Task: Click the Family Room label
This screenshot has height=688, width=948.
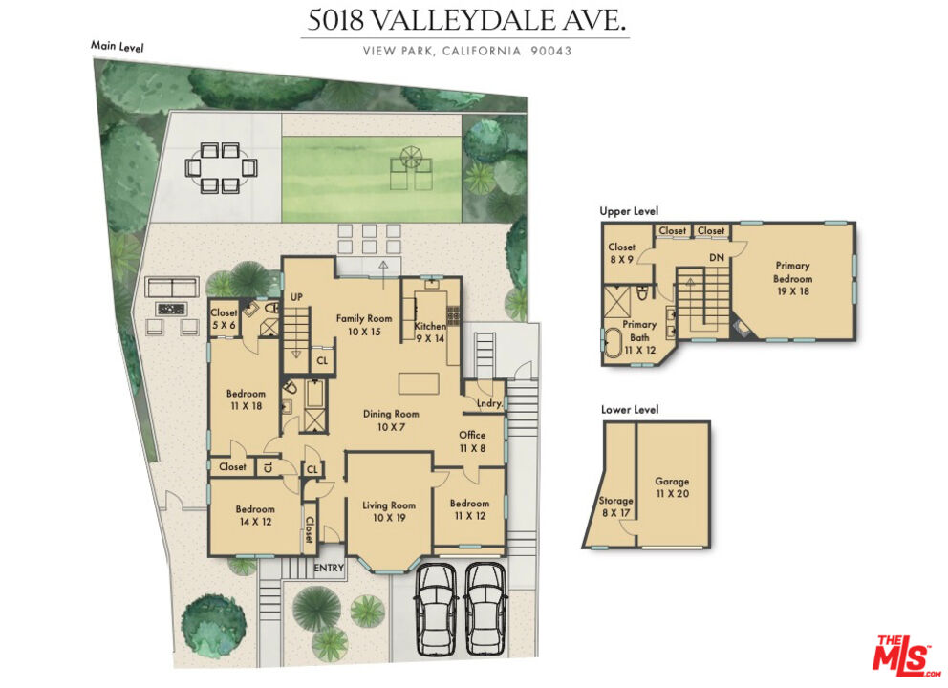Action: tap(364, 325)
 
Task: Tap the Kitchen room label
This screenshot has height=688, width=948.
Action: tap(430, 332)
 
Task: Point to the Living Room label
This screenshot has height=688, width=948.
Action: tap(389, 511)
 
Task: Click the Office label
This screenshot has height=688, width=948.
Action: tap(472, 441)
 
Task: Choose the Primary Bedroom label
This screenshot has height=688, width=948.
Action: tap(792, 278)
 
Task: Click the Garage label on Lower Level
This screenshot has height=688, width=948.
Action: tap(672, 487)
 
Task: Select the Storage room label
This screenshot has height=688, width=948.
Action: tap(615, 506)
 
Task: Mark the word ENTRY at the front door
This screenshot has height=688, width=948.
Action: tap(329, 569)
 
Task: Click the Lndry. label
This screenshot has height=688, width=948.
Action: tap(488, 405)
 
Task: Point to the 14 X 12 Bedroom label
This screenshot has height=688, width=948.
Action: tap(255, 516)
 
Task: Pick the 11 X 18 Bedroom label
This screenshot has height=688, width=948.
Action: tap(246, 399)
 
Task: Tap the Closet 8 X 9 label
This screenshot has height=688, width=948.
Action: tap(621, 253)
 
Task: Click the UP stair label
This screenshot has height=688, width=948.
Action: tap(296, 297)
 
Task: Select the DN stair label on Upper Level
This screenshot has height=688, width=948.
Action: tap(716, 258)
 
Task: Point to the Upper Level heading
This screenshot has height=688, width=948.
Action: tap(629, 211)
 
